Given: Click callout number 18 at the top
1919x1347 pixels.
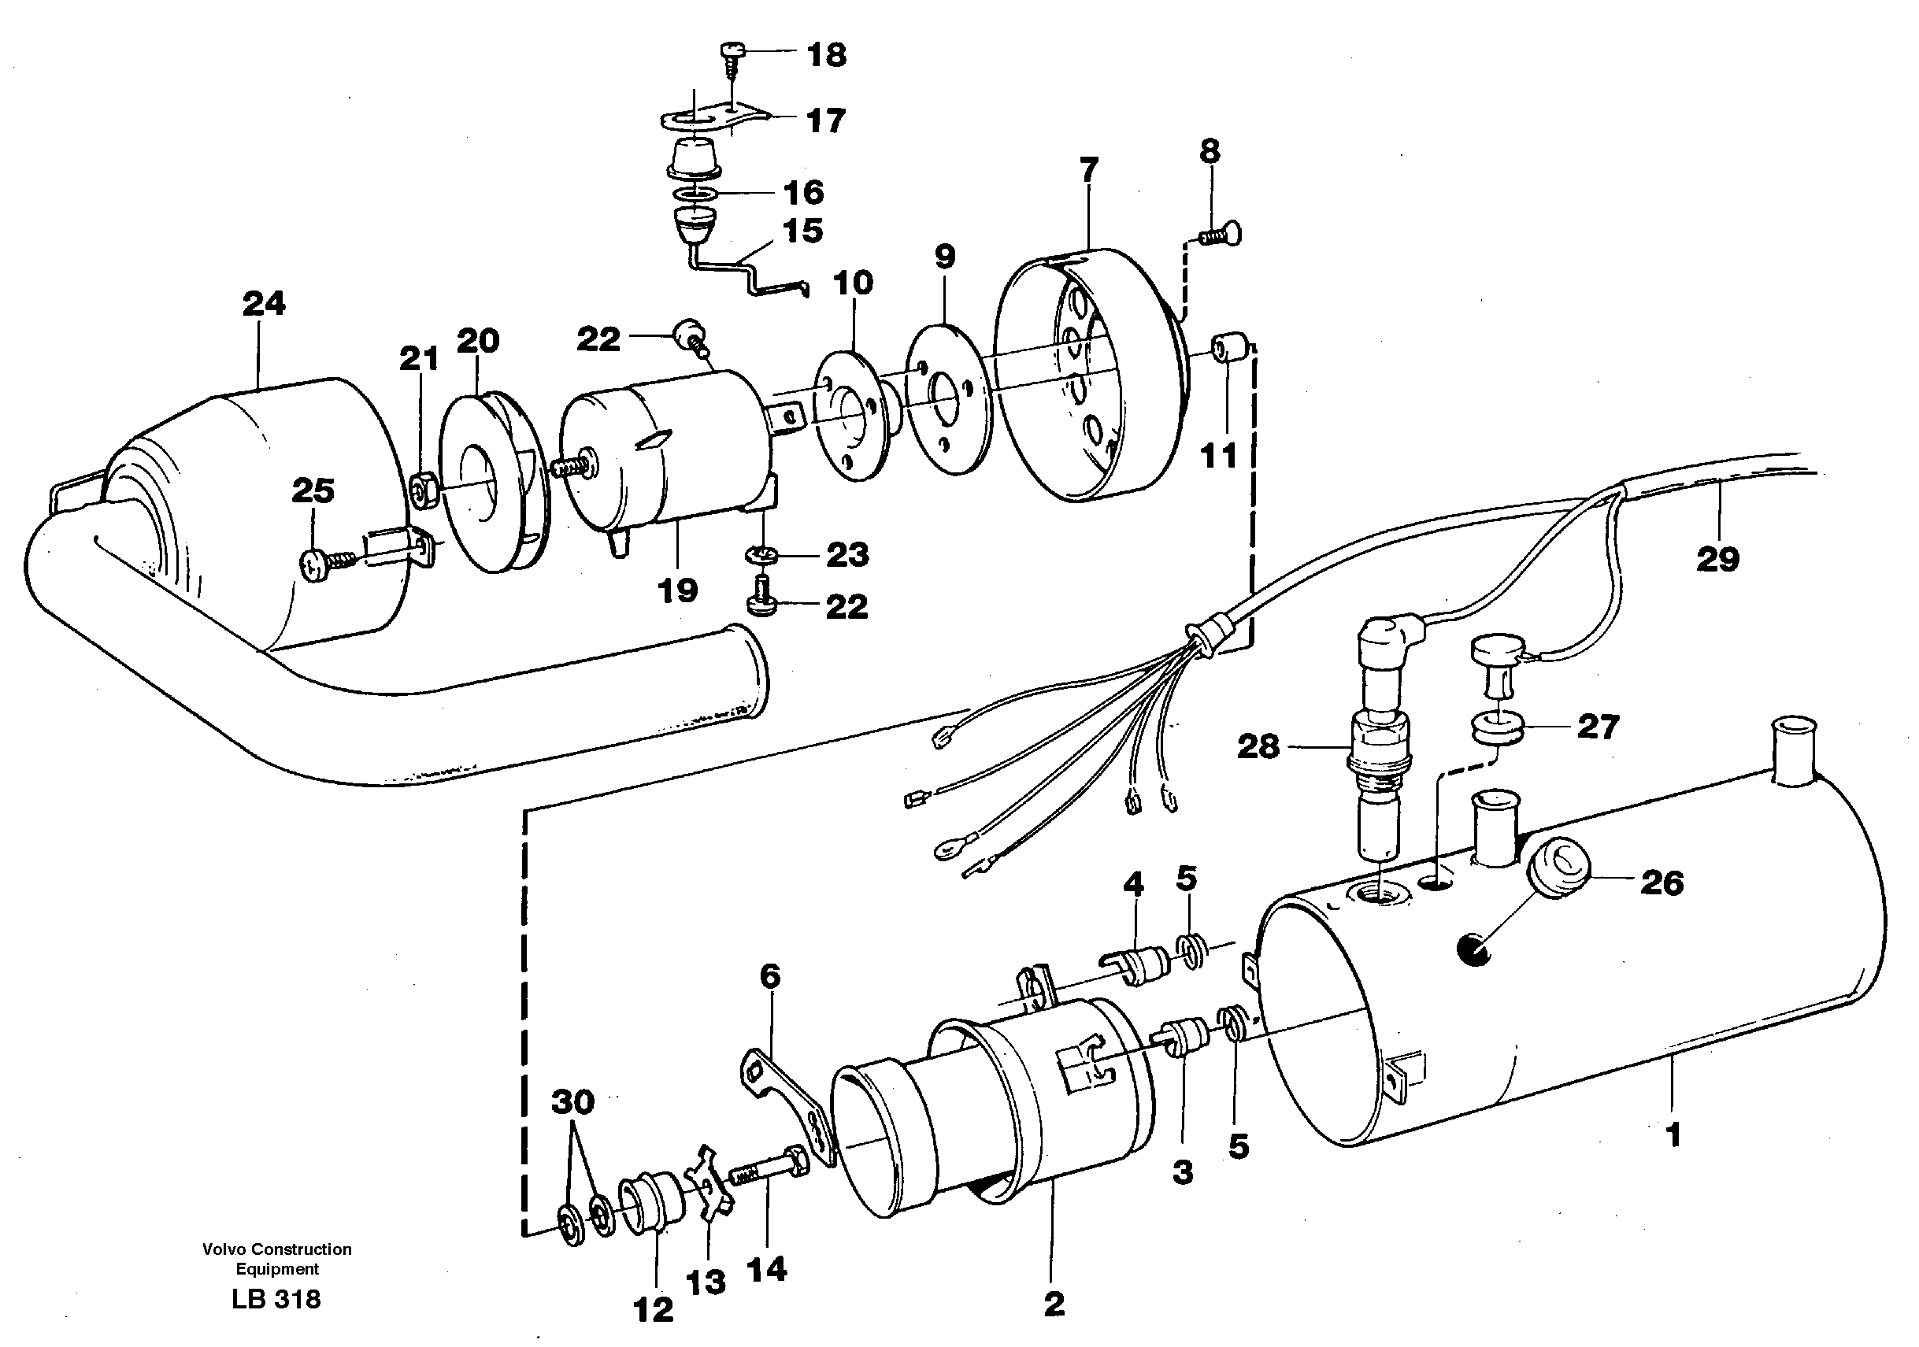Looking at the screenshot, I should point(826,55).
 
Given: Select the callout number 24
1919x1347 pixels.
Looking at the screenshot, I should point(263,303).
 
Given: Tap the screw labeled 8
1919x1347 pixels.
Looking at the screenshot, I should point(1223,236).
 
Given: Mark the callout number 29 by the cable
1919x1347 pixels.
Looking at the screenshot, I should point(1717,559).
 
